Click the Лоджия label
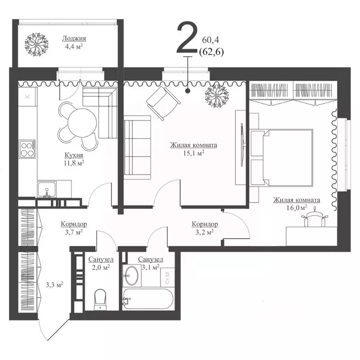74,38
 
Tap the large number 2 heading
187,37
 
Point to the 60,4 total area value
210,40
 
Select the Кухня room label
74,155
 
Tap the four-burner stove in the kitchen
28,149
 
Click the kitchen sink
47,189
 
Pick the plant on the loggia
37,45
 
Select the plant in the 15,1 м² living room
217,95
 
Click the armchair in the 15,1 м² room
163,103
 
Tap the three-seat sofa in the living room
137,147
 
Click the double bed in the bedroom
281,157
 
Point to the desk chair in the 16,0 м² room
315,218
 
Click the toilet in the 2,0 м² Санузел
100,300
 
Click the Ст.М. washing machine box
168,277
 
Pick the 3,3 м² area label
54,285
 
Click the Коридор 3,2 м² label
205,228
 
